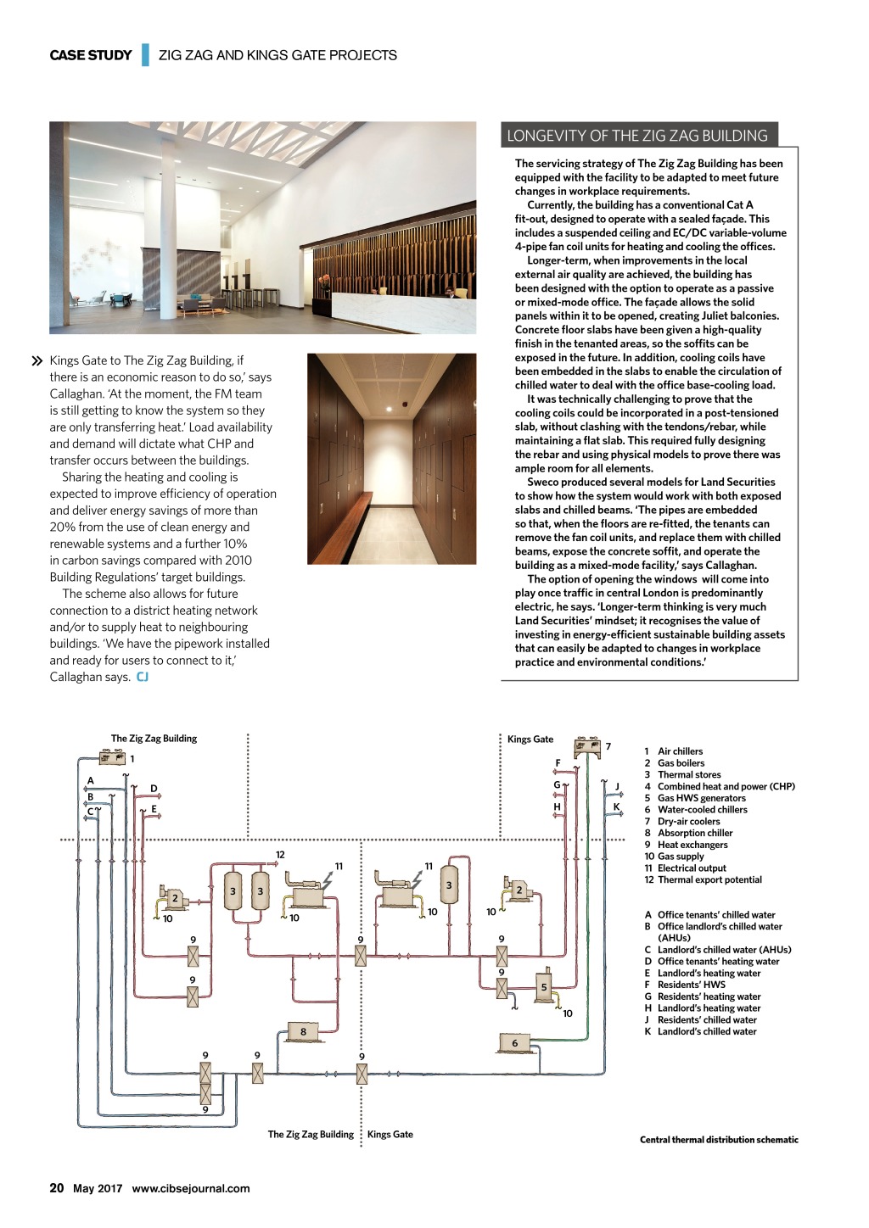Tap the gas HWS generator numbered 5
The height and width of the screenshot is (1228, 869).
[544, 986]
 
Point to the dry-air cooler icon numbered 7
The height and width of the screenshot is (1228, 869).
[587, 747]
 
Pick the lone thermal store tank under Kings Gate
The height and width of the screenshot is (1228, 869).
[449, 885]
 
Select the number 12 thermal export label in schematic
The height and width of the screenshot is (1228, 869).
[280, 855]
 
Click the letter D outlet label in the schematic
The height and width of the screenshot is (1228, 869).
[154, 789]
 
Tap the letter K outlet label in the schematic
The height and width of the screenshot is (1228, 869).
[617, 807]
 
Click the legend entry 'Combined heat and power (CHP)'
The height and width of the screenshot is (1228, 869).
[726, 786]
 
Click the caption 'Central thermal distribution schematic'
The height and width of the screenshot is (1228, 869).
[719, 1140]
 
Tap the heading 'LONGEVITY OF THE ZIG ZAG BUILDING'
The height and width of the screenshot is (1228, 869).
[636, 136]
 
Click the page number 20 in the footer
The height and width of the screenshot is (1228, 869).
[57, 1188]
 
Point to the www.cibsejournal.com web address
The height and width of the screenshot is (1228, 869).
[191, 1189]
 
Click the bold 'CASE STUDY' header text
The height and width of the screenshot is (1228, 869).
[91, 55]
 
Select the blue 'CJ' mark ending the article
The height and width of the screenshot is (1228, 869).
[143, 677]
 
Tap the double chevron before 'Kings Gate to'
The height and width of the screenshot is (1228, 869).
[37, 361]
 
